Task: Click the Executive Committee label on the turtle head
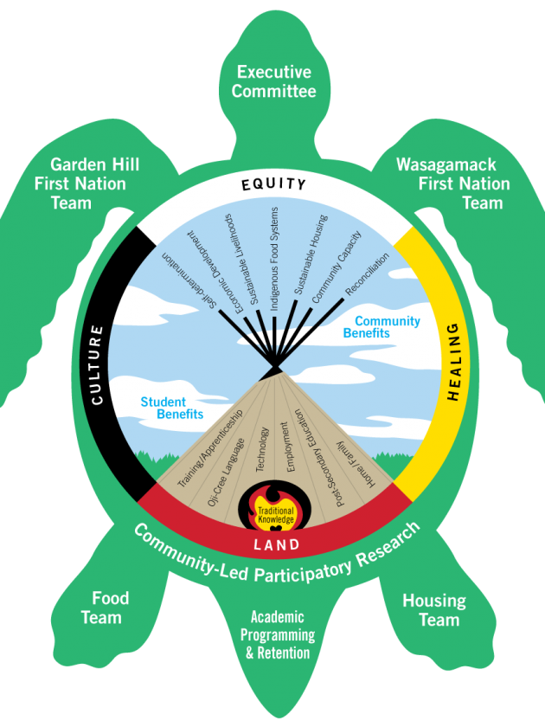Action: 274,81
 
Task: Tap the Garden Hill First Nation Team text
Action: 82,183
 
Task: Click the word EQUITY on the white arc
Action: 273,183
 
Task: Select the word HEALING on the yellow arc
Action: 452,362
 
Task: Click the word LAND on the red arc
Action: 276,545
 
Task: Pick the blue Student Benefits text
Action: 172,409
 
